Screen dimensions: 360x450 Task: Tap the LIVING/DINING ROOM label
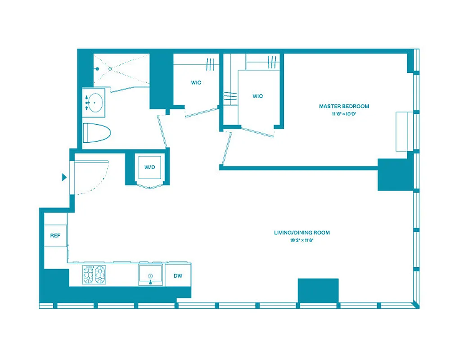[x=301, y=233]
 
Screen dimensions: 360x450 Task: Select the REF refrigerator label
[x=55, y=236]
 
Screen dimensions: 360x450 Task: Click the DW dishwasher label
[x=178, y=276]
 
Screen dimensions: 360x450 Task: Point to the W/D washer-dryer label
[x=149, y=167]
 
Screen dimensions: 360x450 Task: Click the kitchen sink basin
[x=151, y=275]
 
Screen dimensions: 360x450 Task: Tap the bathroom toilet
[x=97, y=133]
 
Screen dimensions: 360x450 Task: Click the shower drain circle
[x=110, y=69]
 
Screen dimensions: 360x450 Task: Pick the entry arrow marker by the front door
[x=64, y=177]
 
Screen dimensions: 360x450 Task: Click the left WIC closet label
[x=196, y=83]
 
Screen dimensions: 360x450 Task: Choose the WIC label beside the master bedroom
[x=257, y=96]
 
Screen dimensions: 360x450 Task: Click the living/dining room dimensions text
[x=301, y=240]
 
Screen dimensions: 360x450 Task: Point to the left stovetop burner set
[x=89, y=274]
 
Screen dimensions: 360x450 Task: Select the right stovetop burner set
[x=101, y=274]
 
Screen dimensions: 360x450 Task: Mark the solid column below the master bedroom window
[x=395, y=174]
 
